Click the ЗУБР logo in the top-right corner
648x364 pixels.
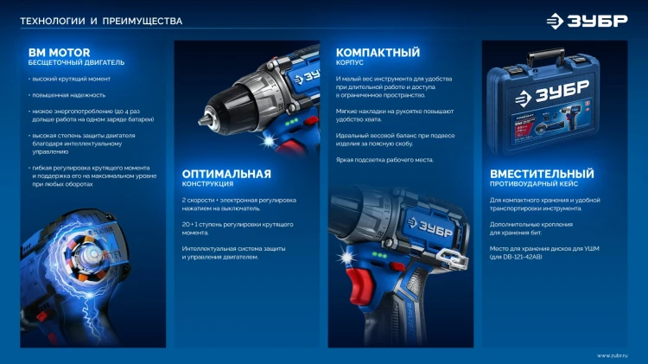click(x=587, y=21)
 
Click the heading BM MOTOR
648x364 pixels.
click(x=59, y=53)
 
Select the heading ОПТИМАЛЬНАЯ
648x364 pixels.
click(x=226, y=174)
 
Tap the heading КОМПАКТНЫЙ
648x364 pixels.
click(x=378, y=53)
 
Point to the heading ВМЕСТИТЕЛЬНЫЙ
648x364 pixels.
click(x=542, y=174)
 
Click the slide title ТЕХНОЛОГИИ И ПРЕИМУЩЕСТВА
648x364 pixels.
click(x=101, y=21)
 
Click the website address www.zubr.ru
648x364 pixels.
click(x=612, y=355)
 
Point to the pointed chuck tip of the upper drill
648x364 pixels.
click(x=203, y=120)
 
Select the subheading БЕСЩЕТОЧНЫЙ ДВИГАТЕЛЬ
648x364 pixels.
click(x=76, y=62)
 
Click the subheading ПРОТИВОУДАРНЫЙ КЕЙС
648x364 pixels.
click(x=534, y=183)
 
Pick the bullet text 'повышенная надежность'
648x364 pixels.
click(x=68, y=95)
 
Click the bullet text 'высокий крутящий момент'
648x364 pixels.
click(x=71, y=79)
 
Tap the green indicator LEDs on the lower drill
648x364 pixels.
click(x=379, y=255)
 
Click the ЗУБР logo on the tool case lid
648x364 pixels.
click(x=552, y=93)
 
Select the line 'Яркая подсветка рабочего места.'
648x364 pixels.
click(x=384, y=160)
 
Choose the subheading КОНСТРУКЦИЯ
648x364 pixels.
click(x=207, y=183)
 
